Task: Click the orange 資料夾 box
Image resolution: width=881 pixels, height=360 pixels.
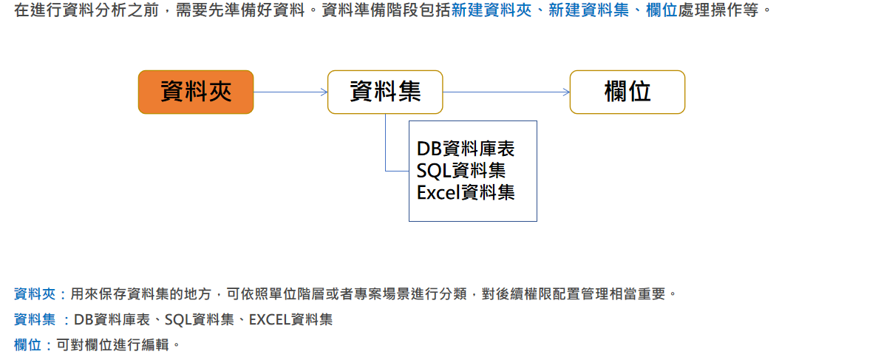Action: point(196,92)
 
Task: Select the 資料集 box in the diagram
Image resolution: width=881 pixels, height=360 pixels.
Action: point(385,92)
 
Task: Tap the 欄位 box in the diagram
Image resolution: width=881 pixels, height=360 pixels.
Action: point(627,92)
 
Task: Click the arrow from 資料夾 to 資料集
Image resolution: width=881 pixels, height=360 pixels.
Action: point(290,92)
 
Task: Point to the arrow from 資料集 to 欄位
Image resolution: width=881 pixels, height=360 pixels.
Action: point(506,92)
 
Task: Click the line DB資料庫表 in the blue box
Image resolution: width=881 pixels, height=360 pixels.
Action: point(466,149)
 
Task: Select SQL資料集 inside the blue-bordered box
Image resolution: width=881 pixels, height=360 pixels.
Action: point(461,171)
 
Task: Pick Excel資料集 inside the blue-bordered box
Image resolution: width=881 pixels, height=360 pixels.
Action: point(466,193)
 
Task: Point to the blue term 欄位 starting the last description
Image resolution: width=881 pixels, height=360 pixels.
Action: point(27,344)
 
